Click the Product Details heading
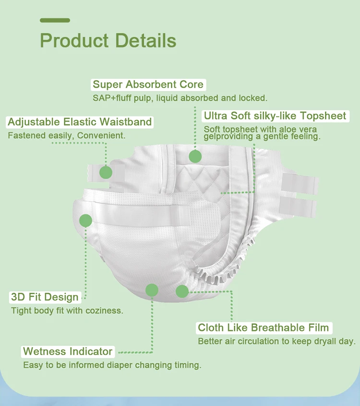[108, 40]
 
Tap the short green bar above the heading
[55, 20]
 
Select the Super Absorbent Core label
[148, 85]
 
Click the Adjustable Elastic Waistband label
[80, 122]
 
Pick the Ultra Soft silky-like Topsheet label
[275, 116]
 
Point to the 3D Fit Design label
[44, 297]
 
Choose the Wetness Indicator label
[68, 351]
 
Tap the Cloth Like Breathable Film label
[264, 328]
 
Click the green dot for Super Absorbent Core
[195, 156]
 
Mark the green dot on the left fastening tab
[106, 172]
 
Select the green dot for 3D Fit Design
[85, 221]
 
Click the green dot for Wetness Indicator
[152, 290]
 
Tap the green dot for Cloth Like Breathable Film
[182, 291]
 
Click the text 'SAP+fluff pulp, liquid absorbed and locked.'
[180, 98]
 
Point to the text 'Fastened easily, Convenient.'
[66, 135]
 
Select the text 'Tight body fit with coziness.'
[67, 311]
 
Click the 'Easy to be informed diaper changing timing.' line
[112, 365]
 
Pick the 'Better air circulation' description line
[276, 342]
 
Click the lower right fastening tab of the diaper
[299, 207]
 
